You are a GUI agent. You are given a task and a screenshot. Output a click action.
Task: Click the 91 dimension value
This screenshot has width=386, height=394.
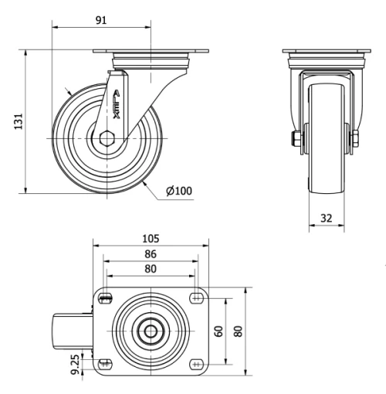[x=100, y=20]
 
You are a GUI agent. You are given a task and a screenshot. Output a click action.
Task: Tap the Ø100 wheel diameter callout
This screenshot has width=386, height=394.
[x=178, y=191]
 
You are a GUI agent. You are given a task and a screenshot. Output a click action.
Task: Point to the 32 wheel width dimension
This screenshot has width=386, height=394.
[x=326, y=219]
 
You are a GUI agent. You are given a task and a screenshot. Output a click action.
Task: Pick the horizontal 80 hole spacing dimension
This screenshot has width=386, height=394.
[x=150, y=269]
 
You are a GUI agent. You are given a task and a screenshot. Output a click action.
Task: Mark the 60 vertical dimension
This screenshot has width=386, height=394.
[x=218, y=331]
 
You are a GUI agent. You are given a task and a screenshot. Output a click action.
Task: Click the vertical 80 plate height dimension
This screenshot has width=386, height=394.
[x=239, y=331]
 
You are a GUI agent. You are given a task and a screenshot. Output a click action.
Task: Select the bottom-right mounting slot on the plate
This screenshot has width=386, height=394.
[x=195, y=363]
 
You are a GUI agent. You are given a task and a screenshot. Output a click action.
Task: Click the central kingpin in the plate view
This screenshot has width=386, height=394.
[x=150, y=331]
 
